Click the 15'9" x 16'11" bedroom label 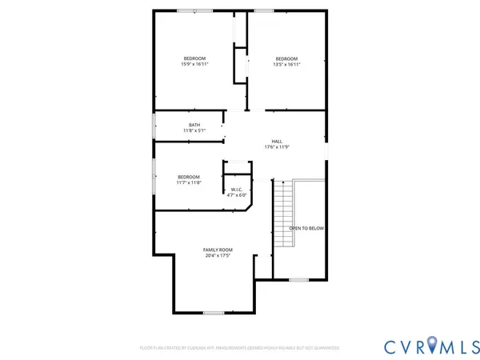[x=194, y=62]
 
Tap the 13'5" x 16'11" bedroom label [x=286, y=62]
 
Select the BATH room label [x=194, y=127]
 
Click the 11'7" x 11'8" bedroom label [x=188, y=179]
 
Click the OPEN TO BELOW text [x=306, y=229]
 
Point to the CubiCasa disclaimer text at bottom [x=240, y=348]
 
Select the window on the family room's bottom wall [x=214, y=312]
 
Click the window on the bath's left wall [x=154, y=127]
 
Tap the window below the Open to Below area [x=298, y=279]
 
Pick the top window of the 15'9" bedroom [x=190, y=10]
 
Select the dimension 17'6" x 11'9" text [x=276, y=147]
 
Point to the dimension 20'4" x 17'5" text [x=217, y=256]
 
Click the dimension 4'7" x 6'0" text [x=237, y=194]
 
